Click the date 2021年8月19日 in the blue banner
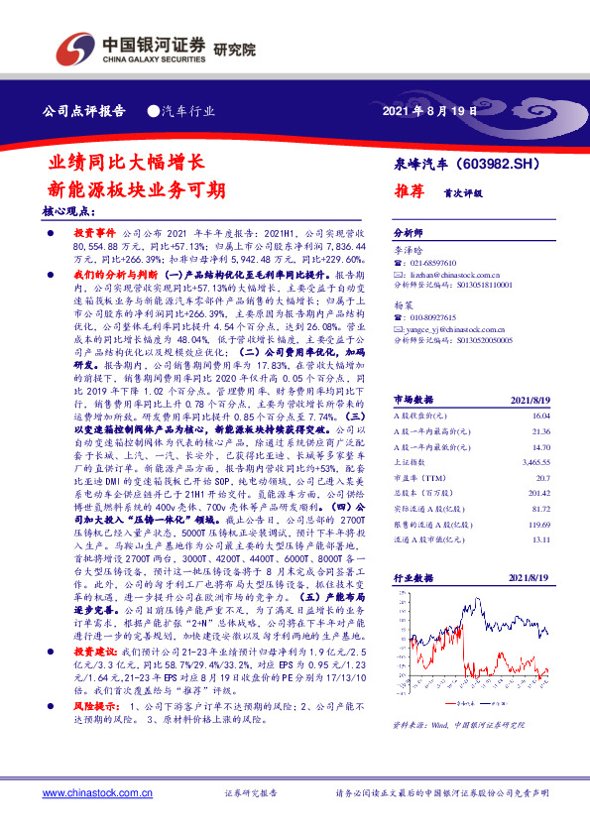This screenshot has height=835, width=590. tap(429, 111)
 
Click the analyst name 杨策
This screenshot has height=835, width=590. tap(403, 305)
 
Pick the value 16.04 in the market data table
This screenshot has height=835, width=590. tap(539, 417)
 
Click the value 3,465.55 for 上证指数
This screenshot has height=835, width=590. tap(535, 462)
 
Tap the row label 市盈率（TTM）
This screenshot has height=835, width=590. tap(417, 477)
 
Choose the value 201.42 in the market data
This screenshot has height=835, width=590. tap(537, 492)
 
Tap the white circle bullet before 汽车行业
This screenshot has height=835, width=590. tap(154, 111)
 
